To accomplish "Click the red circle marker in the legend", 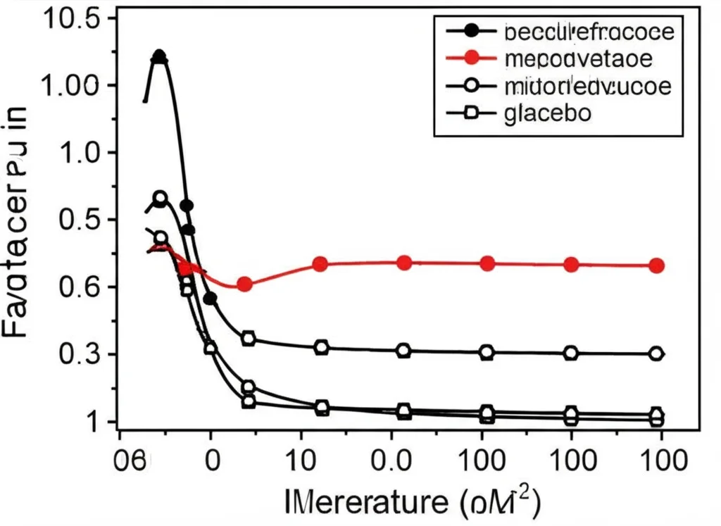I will [471, 58].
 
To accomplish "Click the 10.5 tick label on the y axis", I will [72, 20].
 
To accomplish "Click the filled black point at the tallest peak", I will [160, 56].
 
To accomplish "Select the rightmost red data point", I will [656, 265].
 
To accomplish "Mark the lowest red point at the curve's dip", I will [244, 284].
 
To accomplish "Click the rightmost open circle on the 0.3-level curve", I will [656, 353].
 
